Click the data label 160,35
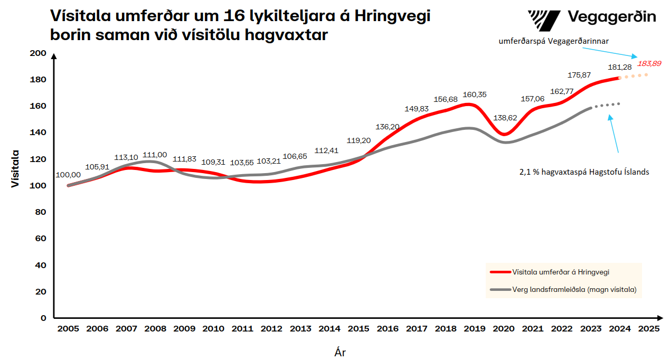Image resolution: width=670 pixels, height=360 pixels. point(475,94)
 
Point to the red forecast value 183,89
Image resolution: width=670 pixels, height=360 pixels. point(649,63)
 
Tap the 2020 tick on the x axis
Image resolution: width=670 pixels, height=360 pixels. point(504,328)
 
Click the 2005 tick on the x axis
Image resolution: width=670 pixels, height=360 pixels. point(68,328)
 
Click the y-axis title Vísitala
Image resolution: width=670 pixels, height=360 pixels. point(15,168)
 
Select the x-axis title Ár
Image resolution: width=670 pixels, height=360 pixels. point(340,352)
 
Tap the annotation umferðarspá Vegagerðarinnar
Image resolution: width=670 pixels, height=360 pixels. point(554,41)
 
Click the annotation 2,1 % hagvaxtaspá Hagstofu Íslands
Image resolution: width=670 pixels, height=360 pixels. point(583,172)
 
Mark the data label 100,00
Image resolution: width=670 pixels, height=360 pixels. point(68,175)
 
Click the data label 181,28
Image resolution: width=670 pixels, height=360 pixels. point(619,67)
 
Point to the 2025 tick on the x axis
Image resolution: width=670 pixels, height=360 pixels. point(648,328)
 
